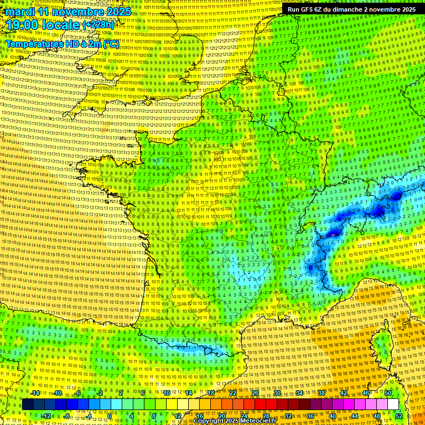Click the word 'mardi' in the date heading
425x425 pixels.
coord(18,12)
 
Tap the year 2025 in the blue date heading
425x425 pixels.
coord(117,12)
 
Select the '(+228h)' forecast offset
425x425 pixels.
coord(99,25)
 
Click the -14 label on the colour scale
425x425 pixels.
coord(35,393)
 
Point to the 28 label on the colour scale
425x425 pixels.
coord(266,416)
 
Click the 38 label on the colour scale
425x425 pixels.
coord(322,393)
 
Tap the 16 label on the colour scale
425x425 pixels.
coord(200,416)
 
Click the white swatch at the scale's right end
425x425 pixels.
coord(393,405)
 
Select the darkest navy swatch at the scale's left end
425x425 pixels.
coord(28,405)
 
